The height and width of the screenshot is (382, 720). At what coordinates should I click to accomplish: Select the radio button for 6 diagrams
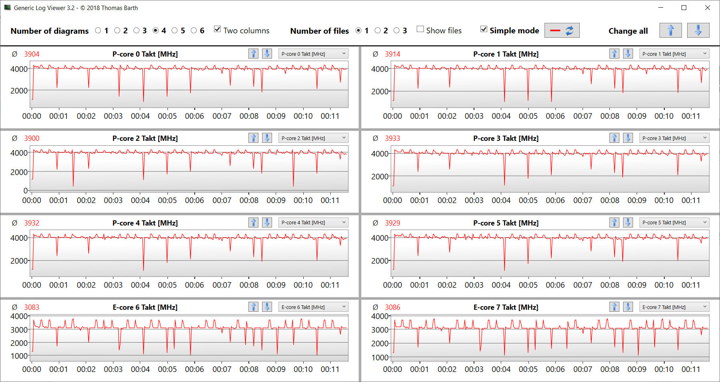point(194,30)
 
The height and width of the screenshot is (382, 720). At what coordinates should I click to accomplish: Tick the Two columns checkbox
point(218,29)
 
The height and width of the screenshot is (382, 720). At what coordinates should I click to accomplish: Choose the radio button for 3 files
point(397,30)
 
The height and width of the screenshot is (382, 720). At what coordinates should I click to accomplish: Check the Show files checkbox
point(420,29)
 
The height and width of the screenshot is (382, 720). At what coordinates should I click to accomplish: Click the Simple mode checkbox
point(484,29)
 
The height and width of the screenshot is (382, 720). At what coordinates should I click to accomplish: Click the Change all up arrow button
point(670,30)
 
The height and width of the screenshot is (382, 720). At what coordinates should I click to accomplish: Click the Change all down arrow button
point(698,30)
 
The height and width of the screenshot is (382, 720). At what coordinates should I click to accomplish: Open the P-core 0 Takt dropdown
point(313,54)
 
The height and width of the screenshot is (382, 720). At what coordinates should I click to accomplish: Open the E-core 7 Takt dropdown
point(674,307)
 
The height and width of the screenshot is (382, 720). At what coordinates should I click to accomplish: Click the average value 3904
point(32,54)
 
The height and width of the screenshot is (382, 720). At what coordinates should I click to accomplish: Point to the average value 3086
point(393,307)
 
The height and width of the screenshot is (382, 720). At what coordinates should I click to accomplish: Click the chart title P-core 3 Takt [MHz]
point(506,138)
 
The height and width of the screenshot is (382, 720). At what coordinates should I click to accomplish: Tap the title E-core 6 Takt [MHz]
point(145,307)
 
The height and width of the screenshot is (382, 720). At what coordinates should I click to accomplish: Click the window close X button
point(708,8)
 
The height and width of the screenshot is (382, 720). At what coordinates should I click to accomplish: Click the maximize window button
point(684,8)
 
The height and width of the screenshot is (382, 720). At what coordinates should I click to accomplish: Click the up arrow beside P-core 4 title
point(253,222)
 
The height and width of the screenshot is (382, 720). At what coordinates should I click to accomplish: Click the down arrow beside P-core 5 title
point(628,222)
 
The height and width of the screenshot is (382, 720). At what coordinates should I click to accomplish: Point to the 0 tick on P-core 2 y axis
point(26,190)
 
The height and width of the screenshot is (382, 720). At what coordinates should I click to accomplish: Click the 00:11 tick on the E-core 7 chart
point(691,369)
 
